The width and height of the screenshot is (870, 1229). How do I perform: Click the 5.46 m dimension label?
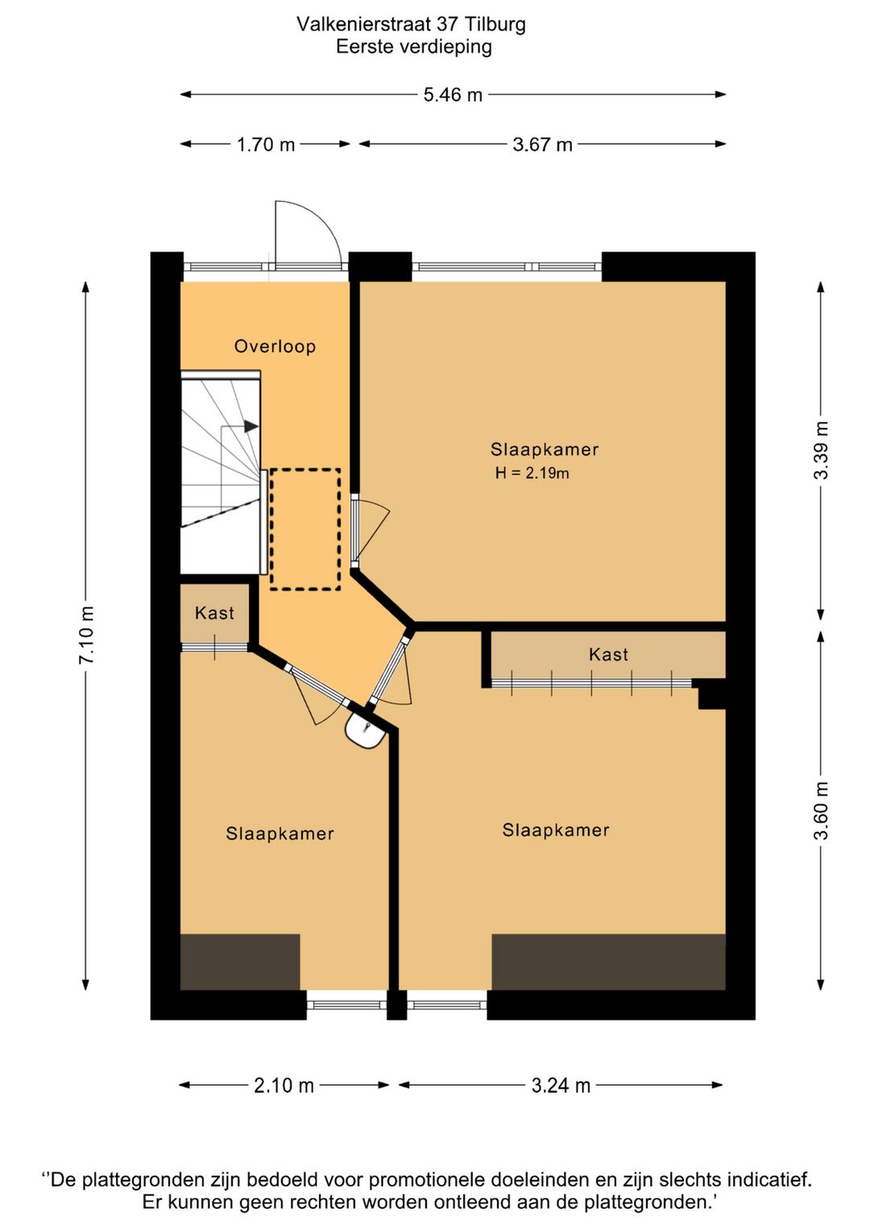click(452, 95)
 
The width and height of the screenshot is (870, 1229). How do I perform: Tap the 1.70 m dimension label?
click(266, 145)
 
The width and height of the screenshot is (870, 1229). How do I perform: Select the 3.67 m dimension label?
click(542, 145)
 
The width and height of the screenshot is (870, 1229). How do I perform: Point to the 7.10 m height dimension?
click(87, 635)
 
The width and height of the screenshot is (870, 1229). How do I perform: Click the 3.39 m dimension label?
click(821, 450)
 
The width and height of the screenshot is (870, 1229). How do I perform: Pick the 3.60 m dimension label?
click(821, 811)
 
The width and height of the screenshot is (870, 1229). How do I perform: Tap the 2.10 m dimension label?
click(284, 1086)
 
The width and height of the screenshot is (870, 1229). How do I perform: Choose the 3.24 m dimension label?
click(561, 1086)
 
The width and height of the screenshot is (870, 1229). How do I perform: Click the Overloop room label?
click(275, 346)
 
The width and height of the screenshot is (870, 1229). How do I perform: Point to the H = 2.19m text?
click(532, 473)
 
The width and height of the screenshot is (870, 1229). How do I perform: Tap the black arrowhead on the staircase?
click(251, 426)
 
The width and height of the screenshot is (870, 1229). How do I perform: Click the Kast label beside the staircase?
click(214, 613)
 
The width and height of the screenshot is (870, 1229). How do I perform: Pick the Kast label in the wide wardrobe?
click(608, 655)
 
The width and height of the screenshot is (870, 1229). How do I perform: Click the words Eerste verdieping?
click(414, 48)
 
